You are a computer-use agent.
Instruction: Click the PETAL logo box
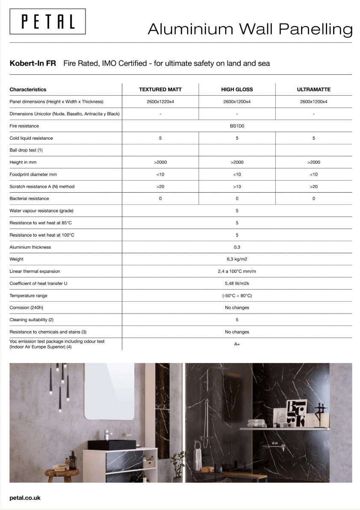[48, 21]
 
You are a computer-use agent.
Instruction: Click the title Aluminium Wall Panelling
[250, 29]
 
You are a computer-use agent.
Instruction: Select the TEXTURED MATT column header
[160, 90]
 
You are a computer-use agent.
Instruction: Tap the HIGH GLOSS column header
[237, 90]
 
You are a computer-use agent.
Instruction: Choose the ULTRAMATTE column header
[313, 90]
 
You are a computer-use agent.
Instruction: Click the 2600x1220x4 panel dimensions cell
[160, 102]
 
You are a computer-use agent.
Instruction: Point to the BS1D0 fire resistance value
[237, 126]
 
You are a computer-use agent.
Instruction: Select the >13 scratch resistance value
[237, 187]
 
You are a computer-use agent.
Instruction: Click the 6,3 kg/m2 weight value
[237, 259]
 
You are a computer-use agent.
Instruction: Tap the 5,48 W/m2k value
[237, 284]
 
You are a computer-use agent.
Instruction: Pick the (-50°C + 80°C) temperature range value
[237, 296]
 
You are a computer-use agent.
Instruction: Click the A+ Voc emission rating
[237, 344]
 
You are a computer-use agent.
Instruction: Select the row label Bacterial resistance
[29, 199]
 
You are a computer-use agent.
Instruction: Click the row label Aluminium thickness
[30, 247]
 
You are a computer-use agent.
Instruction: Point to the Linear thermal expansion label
[35, 271]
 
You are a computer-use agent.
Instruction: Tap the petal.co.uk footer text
[25, 498]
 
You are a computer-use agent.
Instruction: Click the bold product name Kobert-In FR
[32, 64]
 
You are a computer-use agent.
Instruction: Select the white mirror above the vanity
[109, 391]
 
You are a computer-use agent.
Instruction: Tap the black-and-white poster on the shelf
[296, 413]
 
